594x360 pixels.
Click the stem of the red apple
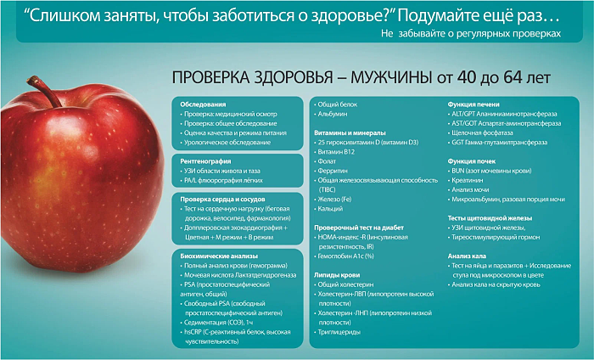click(45, 91)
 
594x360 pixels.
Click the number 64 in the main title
click(513, 77)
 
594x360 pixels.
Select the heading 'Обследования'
click(203, 104)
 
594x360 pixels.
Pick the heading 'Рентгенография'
click(205, 161)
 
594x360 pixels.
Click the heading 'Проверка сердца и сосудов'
click(222, 199)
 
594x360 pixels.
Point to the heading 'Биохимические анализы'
click(219, 256)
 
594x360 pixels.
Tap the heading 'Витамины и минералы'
click(350, 132)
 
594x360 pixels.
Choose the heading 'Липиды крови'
click(337, 275)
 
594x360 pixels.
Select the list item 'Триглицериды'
click(338, 332)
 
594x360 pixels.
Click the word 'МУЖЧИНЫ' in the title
click(391, 77)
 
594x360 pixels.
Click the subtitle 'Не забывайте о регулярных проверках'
click(471, 33)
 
